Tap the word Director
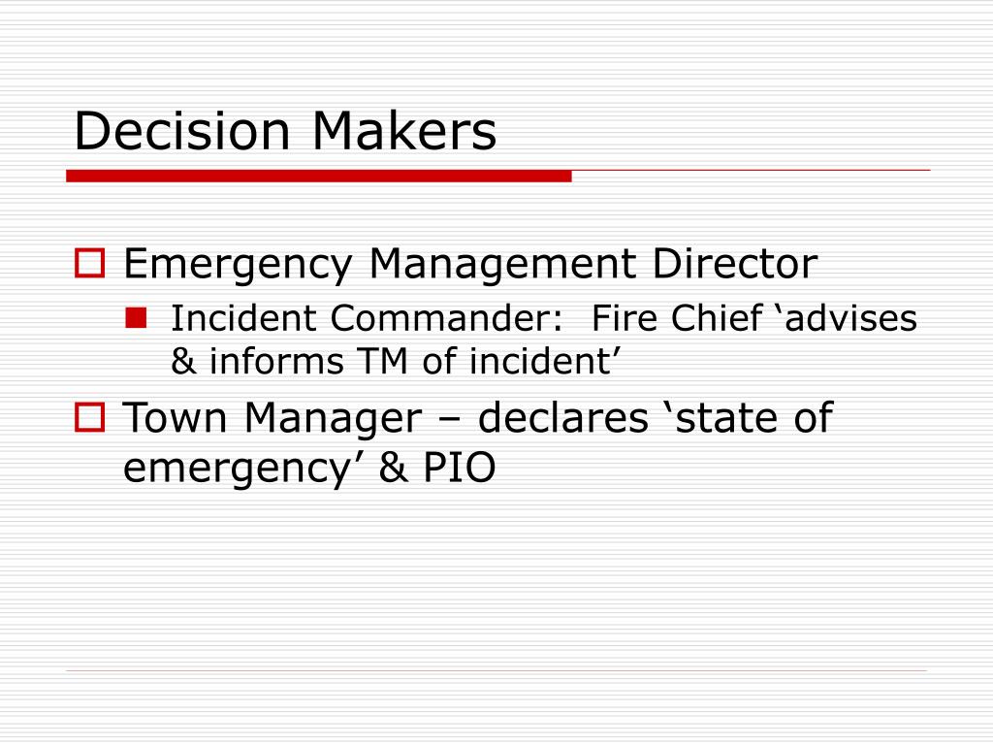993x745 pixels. [x=736, y=263]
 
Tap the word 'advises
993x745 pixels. [x=847, y=317]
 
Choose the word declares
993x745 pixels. [x=562, y=419]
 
